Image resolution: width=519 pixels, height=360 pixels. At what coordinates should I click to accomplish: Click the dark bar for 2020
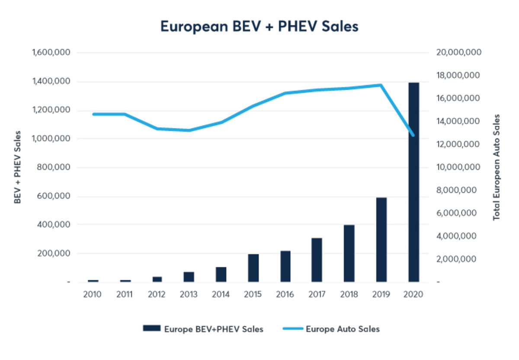(x=413, y=182)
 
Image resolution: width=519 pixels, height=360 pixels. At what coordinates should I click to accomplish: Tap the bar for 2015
(x=253, y=268)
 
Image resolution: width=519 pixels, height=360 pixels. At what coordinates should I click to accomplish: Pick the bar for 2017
(x=317, y=260)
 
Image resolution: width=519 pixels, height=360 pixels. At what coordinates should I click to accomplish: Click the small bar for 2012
(x=157, y=279)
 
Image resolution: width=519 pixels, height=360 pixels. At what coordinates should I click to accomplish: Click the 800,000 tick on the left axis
(x=54, y=167)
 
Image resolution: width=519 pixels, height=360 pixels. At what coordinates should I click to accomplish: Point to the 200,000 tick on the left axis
(x=54, y=253)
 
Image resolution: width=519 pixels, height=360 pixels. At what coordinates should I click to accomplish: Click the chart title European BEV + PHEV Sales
(x=259, y=26)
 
